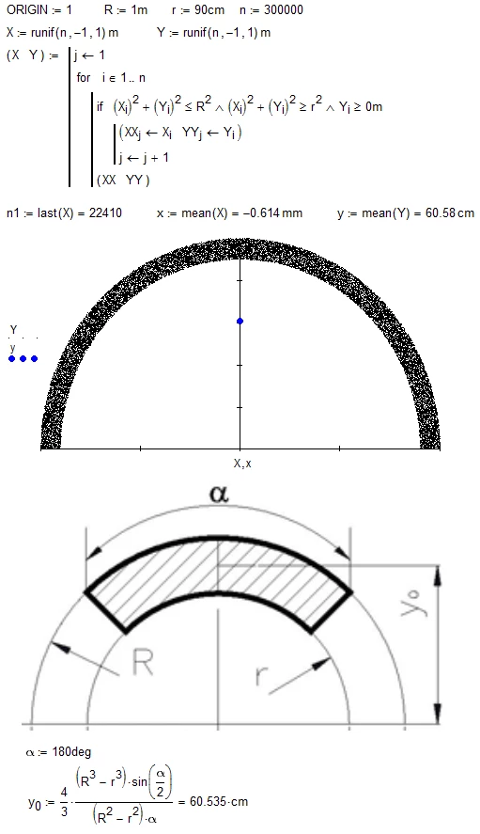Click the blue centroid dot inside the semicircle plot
240,322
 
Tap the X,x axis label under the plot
240,463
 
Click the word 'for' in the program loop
85,78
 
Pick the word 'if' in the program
100,106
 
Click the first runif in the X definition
45,33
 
